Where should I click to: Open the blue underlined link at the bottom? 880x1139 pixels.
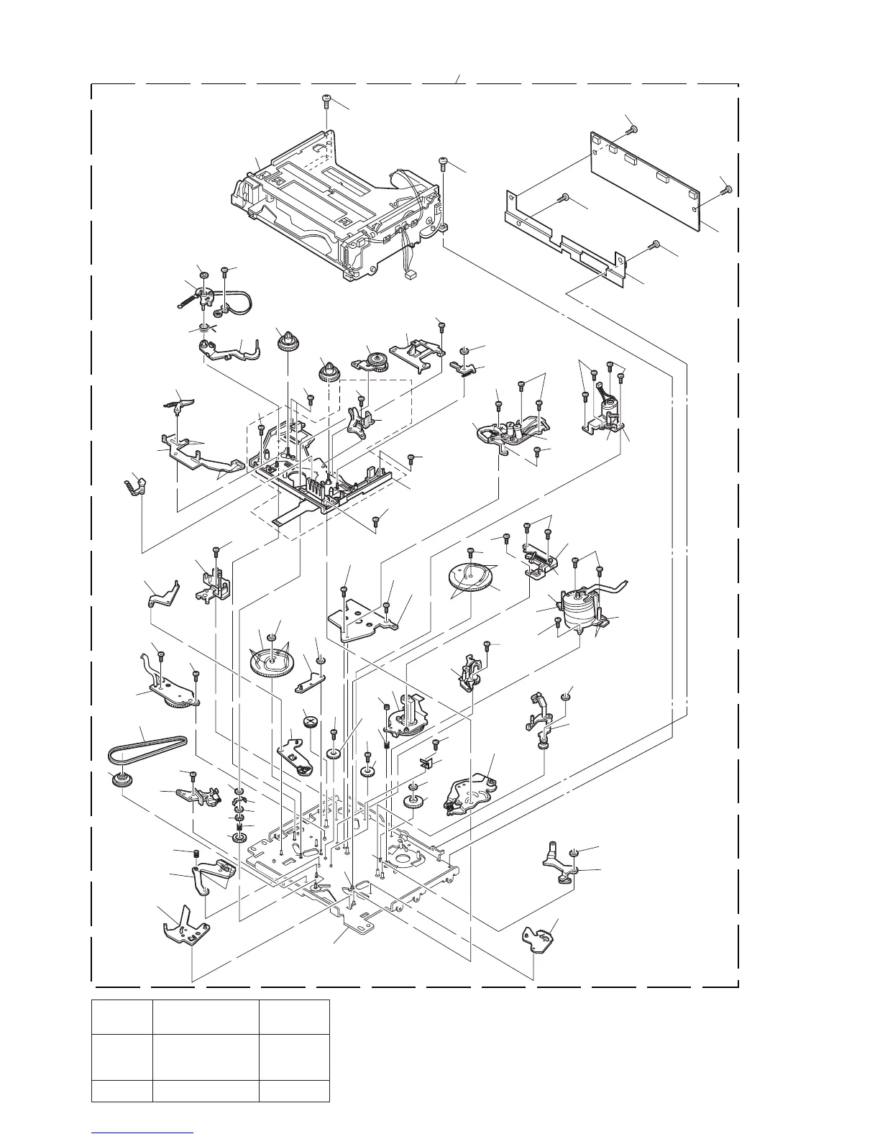[x=143, y=1133]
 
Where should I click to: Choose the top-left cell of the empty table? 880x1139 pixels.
[x=122, y=1017]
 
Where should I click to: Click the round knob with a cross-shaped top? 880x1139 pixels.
[x=310, y=721]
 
